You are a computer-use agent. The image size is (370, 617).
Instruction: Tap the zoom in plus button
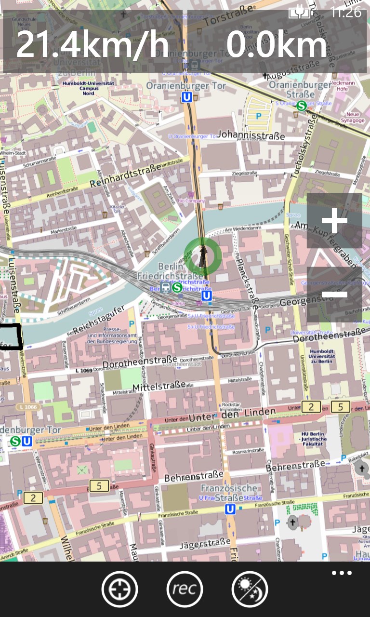point(334,221)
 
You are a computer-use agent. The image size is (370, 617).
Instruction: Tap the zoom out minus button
point(334,294)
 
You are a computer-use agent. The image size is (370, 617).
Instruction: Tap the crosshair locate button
point(119,589)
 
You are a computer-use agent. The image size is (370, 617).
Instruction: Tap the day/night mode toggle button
point(250,589)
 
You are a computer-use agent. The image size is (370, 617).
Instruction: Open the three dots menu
point(342,573)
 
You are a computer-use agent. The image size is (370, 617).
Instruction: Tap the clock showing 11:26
point(346,12)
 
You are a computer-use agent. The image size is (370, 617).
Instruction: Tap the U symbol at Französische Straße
point(230,509)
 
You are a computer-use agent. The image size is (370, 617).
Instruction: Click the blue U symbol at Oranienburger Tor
point(186,97)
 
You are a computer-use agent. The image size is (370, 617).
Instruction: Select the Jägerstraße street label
point(204,544)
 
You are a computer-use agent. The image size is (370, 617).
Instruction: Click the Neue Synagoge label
point(353,117)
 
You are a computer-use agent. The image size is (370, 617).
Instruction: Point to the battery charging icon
point(299,12)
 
